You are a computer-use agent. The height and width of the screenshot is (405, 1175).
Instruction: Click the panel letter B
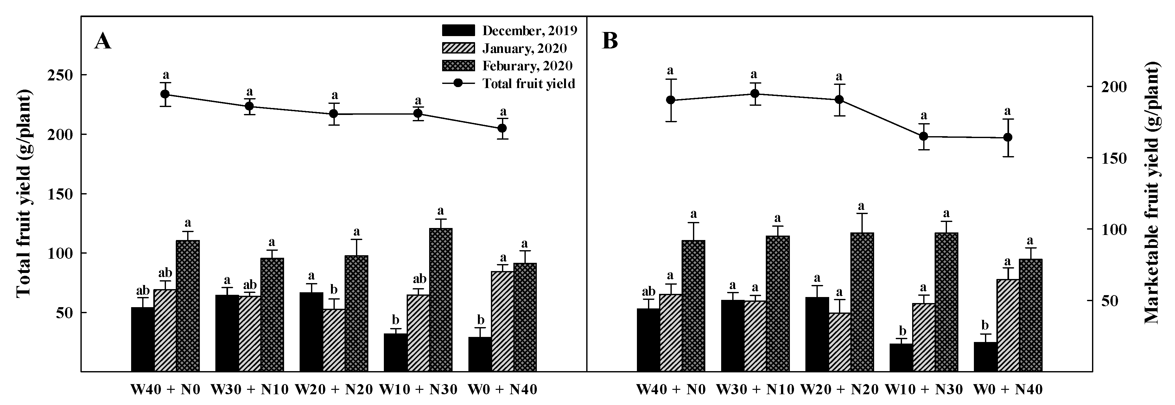tap(610, 41)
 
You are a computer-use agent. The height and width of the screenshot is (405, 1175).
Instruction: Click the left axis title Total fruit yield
tap(24, 194)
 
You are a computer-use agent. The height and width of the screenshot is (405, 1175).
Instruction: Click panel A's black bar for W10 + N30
tap(395, 352)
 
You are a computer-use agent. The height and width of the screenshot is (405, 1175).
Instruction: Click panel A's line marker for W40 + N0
tap(165, 94)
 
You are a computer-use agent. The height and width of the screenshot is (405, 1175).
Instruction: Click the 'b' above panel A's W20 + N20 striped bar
tap(334, 290)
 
